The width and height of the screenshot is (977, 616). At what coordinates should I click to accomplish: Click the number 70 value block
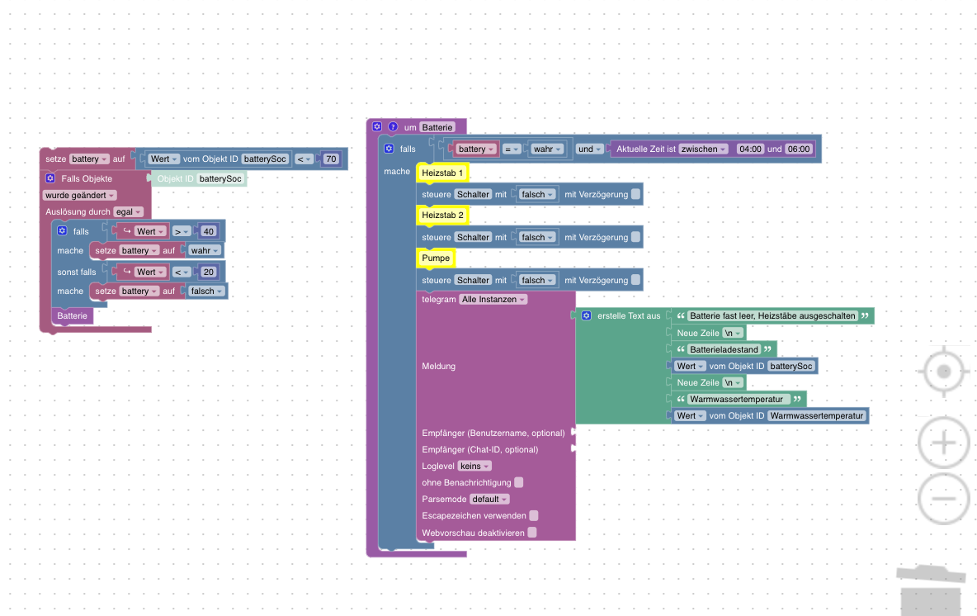331,159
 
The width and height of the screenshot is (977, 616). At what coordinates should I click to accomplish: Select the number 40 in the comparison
208,231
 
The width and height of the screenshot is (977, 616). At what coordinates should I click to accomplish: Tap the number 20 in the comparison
208,272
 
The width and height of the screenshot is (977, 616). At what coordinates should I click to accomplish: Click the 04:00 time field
750,149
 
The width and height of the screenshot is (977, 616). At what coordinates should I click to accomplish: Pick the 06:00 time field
799,149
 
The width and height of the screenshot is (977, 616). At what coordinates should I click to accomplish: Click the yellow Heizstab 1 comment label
442,173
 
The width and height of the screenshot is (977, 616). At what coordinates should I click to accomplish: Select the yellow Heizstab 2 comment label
442,215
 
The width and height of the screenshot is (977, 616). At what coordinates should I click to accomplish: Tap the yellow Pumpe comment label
436,258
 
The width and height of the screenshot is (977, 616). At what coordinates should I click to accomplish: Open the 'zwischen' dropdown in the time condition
704,149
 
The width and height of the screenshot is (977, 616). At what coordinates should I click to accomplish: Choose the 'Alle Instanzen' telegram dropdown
493,299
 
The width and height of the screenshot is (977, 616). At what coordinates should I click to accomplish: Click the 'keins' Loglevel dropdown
474,466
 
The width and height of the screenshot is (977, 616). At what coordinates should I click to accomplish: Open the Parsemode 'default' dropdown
489,499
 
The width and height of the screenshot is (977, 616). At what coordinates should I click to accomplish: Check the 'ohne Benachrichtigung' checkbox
519,482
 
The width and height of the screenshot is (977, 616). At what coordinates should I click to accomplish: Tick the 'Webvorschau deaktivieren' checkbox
532,533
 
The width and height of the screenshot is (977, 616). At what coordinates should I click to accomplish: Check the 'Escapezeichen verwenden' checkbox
534,515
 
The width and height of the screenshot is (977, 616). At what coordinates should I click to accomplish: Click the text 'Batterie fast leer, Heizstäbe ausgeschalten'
772,316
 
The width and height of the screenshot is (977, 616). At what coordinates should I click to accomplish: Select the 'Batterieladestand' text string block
724,350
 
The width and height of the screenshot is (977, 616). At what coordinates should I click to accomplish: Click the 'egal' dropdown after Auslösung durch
129,212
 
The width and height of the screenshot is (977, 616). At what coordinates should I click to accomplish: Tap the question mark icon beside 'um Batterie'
393,126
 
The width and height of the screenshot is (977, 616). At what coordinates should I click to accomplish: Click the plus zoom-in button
943,443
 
